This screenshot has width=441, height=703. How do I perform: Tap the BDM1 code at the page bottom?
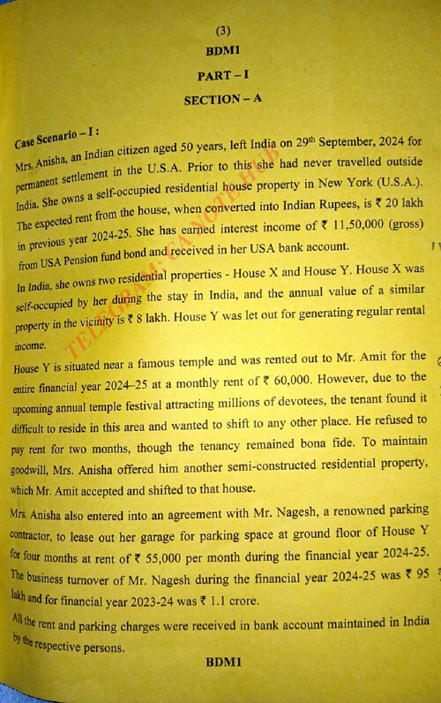coord(223,661)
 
